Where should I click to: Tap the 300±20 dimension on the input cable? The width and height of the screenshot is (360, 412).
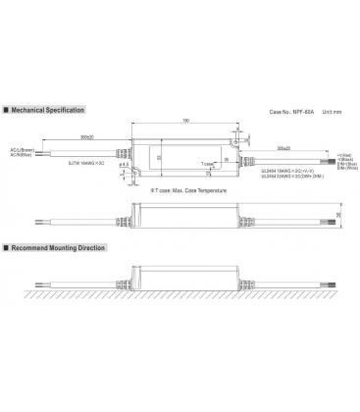pos(87,136)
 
